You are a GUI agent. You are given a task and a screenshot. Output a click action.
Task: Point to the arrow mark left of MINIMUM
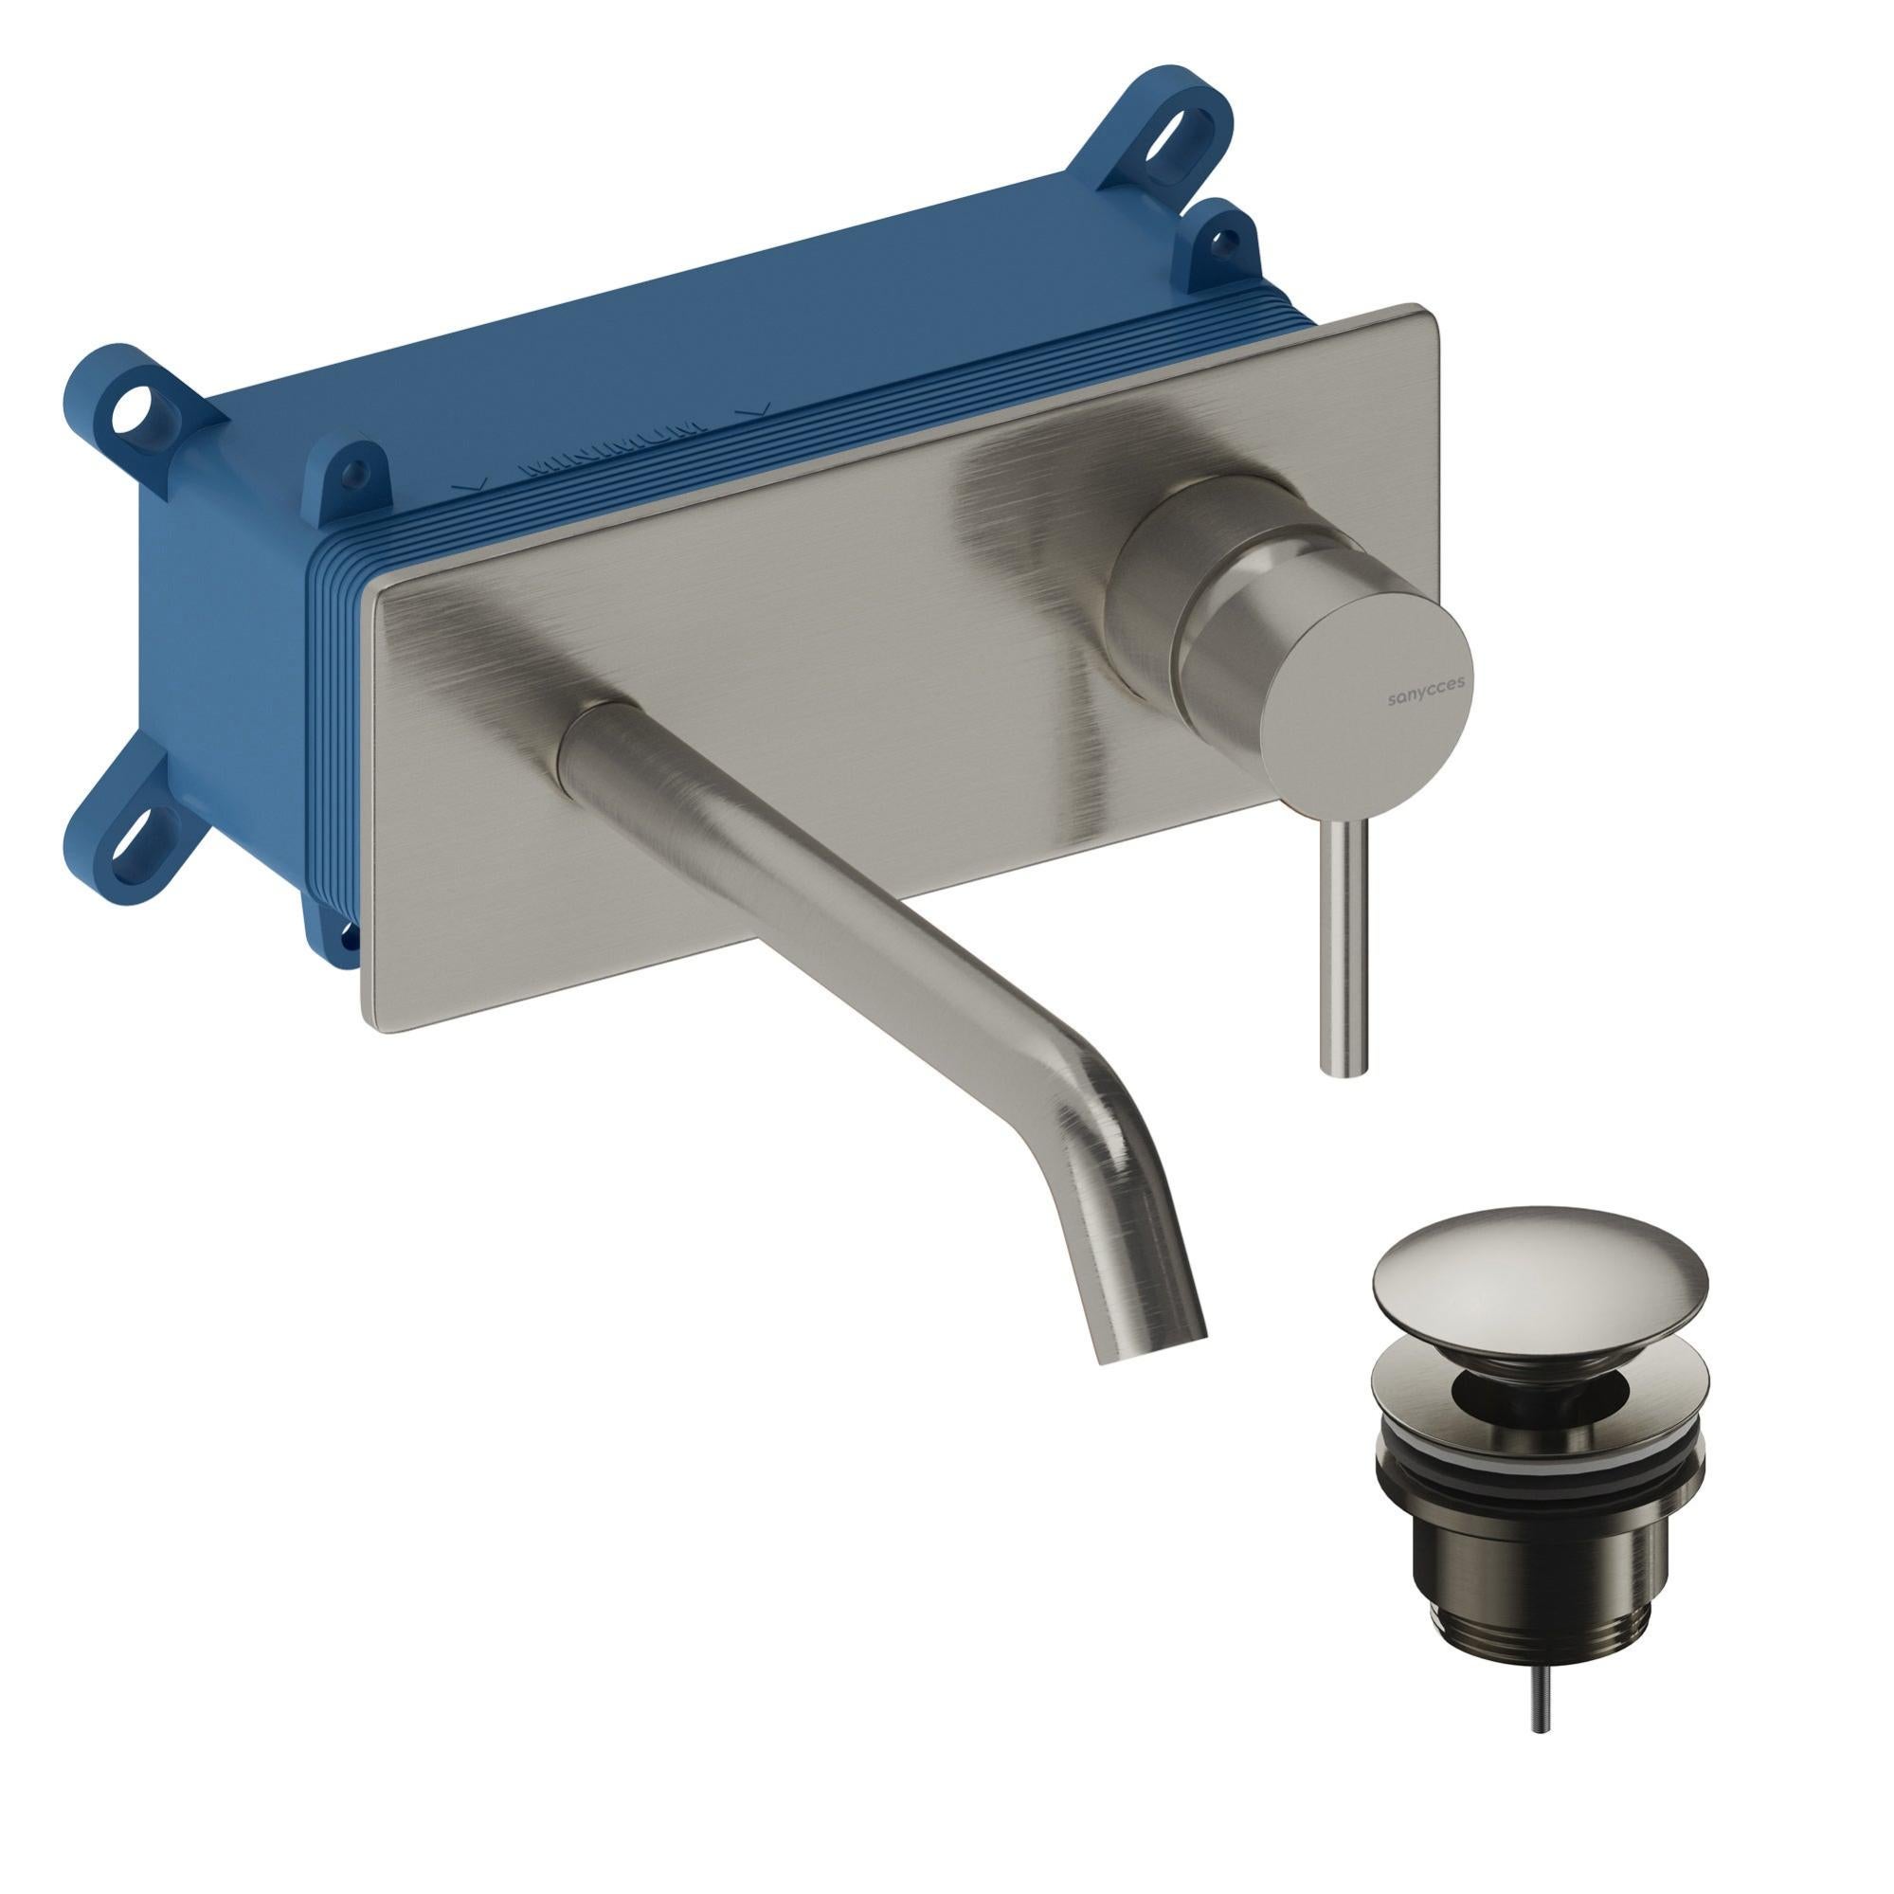(x=472, y=484)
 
